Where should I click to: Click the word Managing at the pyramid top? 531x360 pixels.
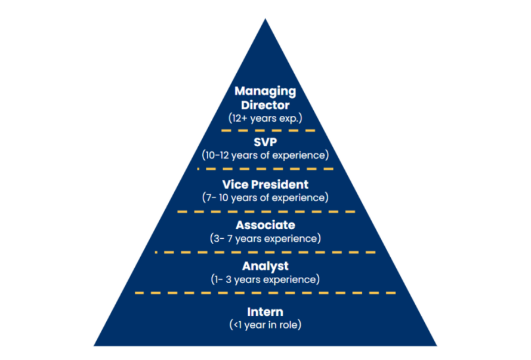(265, 91)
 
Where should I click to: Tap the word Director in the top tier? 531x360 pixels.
(265, 104)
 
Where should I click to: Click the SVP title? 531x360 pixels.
(265, 143)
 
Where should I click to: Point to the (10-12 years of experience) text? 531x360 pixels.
(265, 156)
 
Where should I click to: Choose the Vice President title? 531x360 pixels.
(265, 184)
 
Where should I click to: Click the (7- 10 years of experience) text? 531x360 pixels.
(265, 197)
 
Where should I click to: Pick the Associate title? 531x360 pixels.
(265, 225)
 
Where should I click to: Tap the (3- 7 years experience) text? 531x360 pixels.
(265, 238)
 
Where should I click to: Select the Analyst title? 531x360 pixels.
(265, 266)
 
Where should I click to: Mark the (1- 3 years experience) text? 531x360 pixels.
(265, 279)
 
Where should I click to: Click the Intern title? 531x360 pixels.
(265, 312)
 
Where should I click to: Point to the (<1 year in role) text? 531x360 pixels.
(265, 325)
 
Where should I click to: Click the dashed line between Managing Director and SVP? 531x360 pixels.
(265, 130)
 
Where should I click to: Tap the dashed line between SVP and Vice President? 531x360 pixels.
(265, 170)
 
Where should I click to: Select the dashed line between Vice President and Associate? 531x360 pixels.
(265, 211)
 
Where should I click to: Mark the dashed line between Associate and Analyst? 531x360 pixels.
(265, 252)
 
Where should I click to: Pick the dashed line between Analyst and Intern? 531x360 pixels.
(265, 293)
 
